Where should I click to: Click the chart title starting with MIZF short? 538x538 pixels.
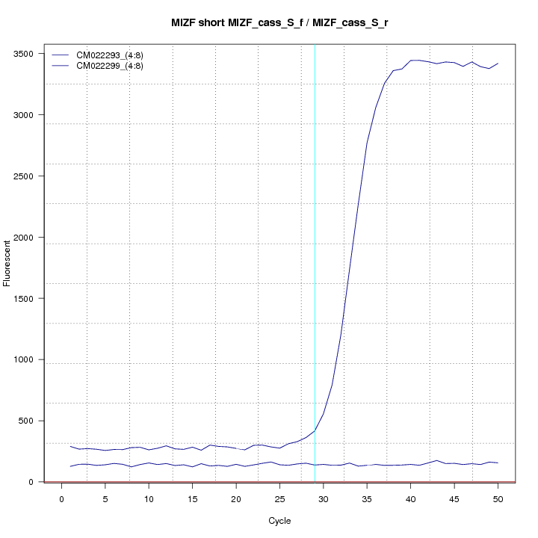click(x=279, y=23)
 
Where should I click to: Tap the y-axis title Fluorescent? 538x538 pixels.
click(x=8, y=262)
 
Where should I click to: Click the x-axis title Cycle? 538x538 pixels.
click(x=279, y=521)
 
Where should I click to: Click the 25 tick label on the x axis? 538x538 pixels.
click(x=279, y=498)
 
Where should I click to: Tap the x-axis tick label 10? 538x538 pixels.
click(x=149, y=498)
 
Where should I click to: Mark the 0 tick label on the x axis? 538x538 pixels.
click(x=62, y=498)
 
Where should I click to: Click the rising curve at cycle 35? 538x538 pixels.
click(x=367, y=143)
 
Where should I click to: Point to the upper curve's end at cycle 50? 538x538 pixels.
click(x=498, y=64)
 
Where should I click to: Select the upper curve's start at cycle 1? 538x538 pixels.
click(x=70, y=447)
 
